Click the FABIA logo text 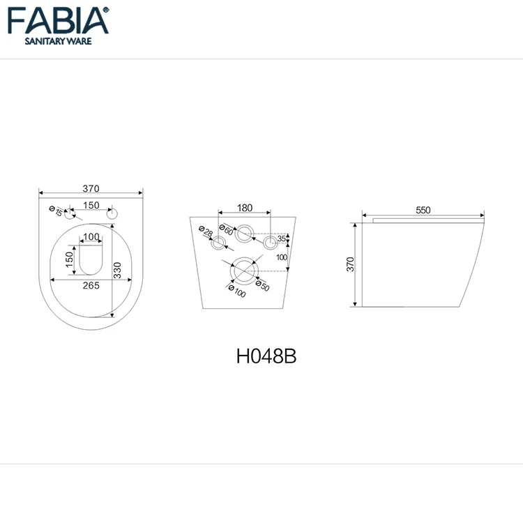coord(58,21)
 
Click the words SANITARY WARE coord(58,41)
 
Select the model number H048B coord(266,356)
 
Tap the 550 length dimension coord(423,210)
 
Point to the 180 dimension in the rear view coord(245,208)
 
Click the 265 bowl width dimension coord(91,285)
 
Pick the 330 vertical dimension coord(117,270)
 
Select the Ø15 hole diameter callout coord(56,211)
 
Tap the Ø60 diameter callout coord(226,229)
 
